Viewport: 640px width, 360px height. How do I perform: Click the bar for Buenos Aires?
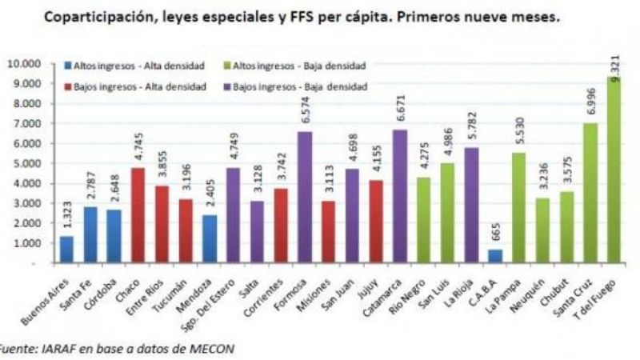click(x=66, y=249)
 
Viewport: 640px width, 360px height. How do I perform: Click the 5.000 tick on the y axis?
click(x=26, y=163)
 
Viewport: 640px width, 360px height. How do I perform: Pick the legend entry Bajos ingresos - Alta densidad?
click(x=124, y=86)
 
